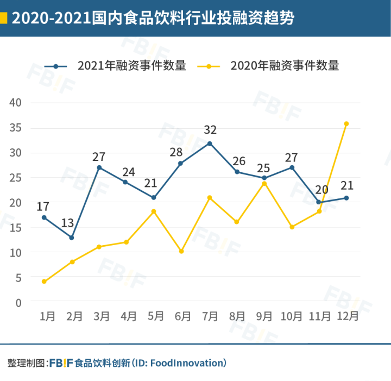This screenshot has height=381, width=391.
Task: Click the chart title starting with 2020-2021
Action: coord(153,18)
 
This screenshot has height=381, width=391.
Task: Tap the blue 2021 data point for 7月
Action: coord(210,143)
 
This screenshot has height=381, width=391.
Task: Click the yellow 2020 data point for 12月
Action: coord(346,123)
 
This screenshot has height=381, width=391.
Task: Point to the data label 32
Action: coord(210,130)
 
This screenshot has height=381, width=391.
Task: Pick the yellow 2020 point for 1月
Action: coord(44,282)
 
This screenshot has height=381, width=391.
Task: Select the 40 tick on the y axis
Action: coord(15,103)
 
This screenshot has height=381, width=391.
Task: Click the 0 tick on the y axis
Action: coord(18,303)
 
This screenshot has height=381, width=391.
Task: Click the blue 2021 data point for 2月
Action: coord(71,238)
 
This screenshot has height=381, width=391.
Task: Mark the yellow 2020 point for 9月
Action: coord(264,184)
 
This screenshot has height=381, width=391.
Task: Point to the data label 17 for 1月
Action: coord(43,207)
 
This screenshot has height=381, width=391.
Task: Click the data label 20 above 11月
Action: coord(321,190)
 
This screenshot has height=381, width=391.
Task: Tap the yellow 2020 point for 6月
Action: coord(181,251)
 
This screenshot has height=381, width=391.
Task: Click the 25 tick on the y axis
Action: coord(15,178)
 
